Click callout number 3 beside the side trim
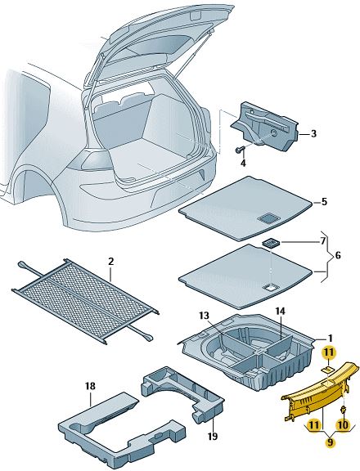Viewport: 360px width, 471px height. tap(313, 133)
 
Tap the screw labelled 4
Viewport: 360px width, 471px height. tap(240, 149)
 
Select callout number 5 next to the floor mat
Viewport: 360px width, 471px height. tap(324, 202)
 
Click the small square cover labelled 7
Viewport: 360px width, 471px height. tap(271, 242)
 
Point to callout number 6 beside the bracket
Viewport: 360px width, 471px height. tap(338, 256)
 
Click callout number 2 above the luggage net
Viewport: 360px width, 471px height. tap(111, 262)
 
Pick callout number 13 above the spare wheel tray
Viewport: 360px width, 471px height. tap(204, 316)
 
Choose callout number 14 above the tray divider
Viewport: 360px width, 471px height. tap(280, 312)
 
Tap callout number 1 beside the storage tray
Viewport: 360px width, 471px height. tap(330, 339)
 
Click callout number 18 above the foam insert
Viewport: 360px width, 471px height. tap(90, 386)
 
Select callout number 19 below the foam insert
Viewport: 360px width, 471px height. tap(213, 436)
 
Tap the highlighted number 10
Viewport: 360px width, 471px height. tap(343, 424)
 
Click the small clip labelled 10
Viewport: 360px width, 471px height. tap(343, 410)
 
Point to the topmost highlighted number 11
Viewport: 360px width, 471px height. tap(328, 352)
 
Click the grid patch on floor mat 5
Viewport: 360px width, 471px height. tap(269, 218)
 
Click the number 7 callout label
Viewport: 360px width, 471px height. tap(322, 241)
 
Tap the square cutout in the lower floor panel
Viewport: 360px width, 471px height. tap(270, 288)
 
